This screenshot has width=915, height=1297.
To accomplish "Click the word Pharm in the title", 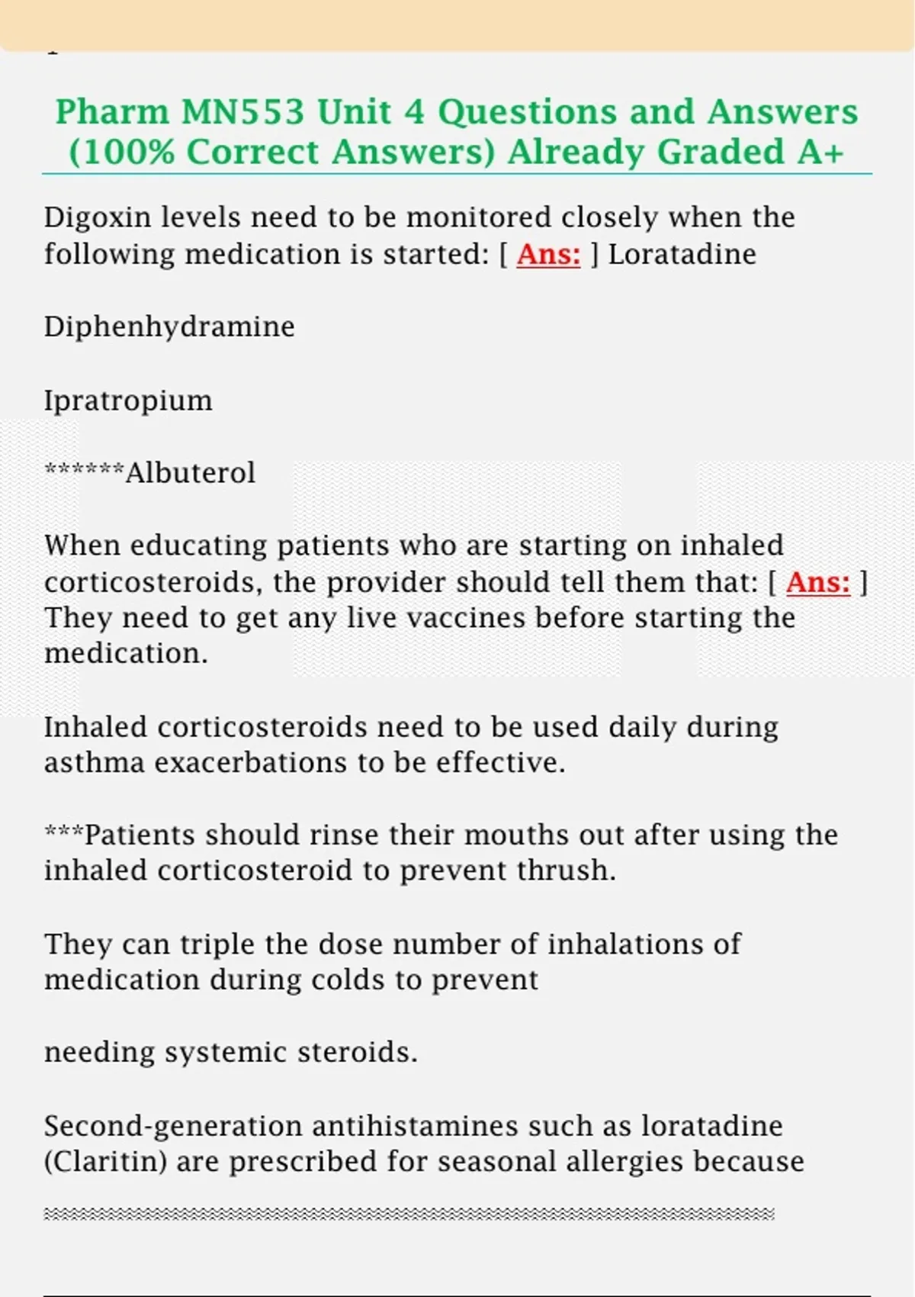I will [x=112, y=112].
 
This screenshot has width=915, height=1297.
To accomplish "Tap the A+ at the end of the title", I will [x=821, y=152].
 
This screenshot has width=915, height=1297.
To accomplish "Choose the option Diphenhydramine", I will [x=169, y=327].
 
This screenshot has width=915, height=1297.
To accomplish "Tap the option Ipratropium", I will [x=128, y=401].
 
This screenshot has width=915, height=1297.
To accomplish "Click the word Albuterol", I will [x=191, y=473].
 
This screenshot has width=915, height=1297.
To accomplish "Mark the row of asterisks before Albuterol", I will [x=84, y=470].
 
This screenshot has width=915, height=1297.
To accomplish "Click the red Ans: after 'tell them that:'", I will [x=817, y=583].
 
